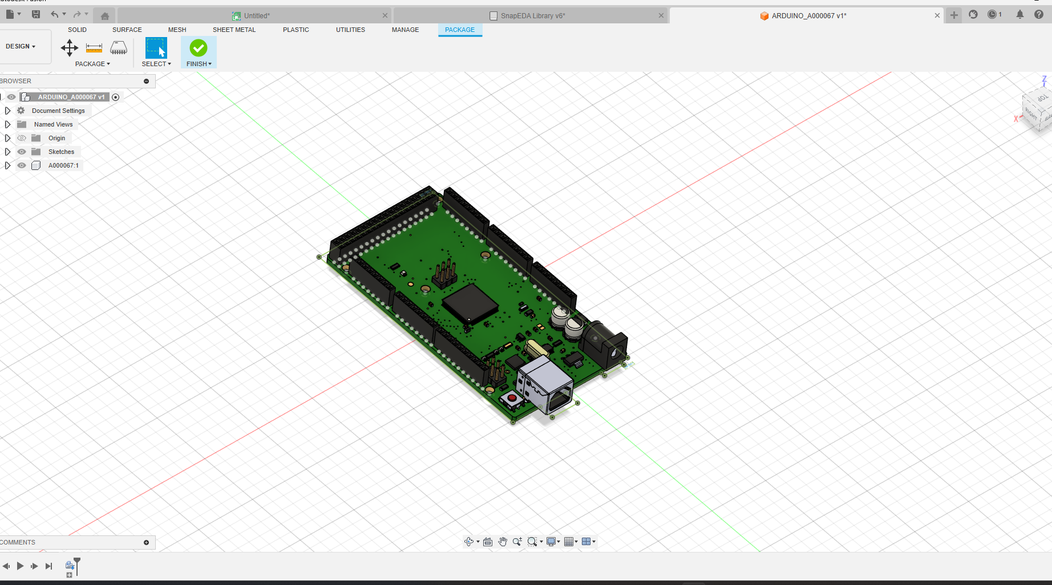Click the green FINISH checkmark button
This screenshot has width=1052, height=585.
point(199,48)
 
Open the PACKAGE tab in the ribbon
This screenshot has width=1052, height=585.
point(459,30)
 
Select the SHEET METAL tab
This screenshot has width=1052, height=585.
point(234,30)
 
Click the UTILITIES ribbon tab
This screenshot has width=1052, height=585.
point(350,30)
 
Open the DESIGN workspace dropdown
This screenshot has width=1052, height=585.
point(21,46)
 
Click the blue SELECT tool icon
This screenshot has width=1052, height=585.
point(156,48)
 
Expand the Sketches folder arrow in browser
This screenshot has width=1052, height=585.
point(7,152)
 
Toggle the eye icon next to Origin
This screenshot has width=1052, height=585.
point(22,138)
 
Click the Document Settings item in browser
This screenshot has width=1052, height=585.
point(58,111)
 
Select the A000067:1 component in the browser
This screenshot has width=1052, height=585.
point(63,165)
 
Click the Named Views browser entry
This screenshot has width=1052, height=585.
point(53,124)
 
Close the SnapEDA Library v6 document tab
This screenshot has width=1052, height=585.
point(661,15)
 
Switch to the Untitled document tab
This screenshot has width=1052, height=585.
point(257,15)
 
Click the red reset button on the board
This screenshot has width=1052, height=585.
point(512,397)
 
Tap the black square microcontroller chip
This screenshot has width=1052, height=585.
point(470,302)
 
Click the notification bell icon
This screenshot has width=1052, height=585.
point(1020,15)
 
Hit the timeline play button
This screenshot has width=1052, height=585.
point(20,566)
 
